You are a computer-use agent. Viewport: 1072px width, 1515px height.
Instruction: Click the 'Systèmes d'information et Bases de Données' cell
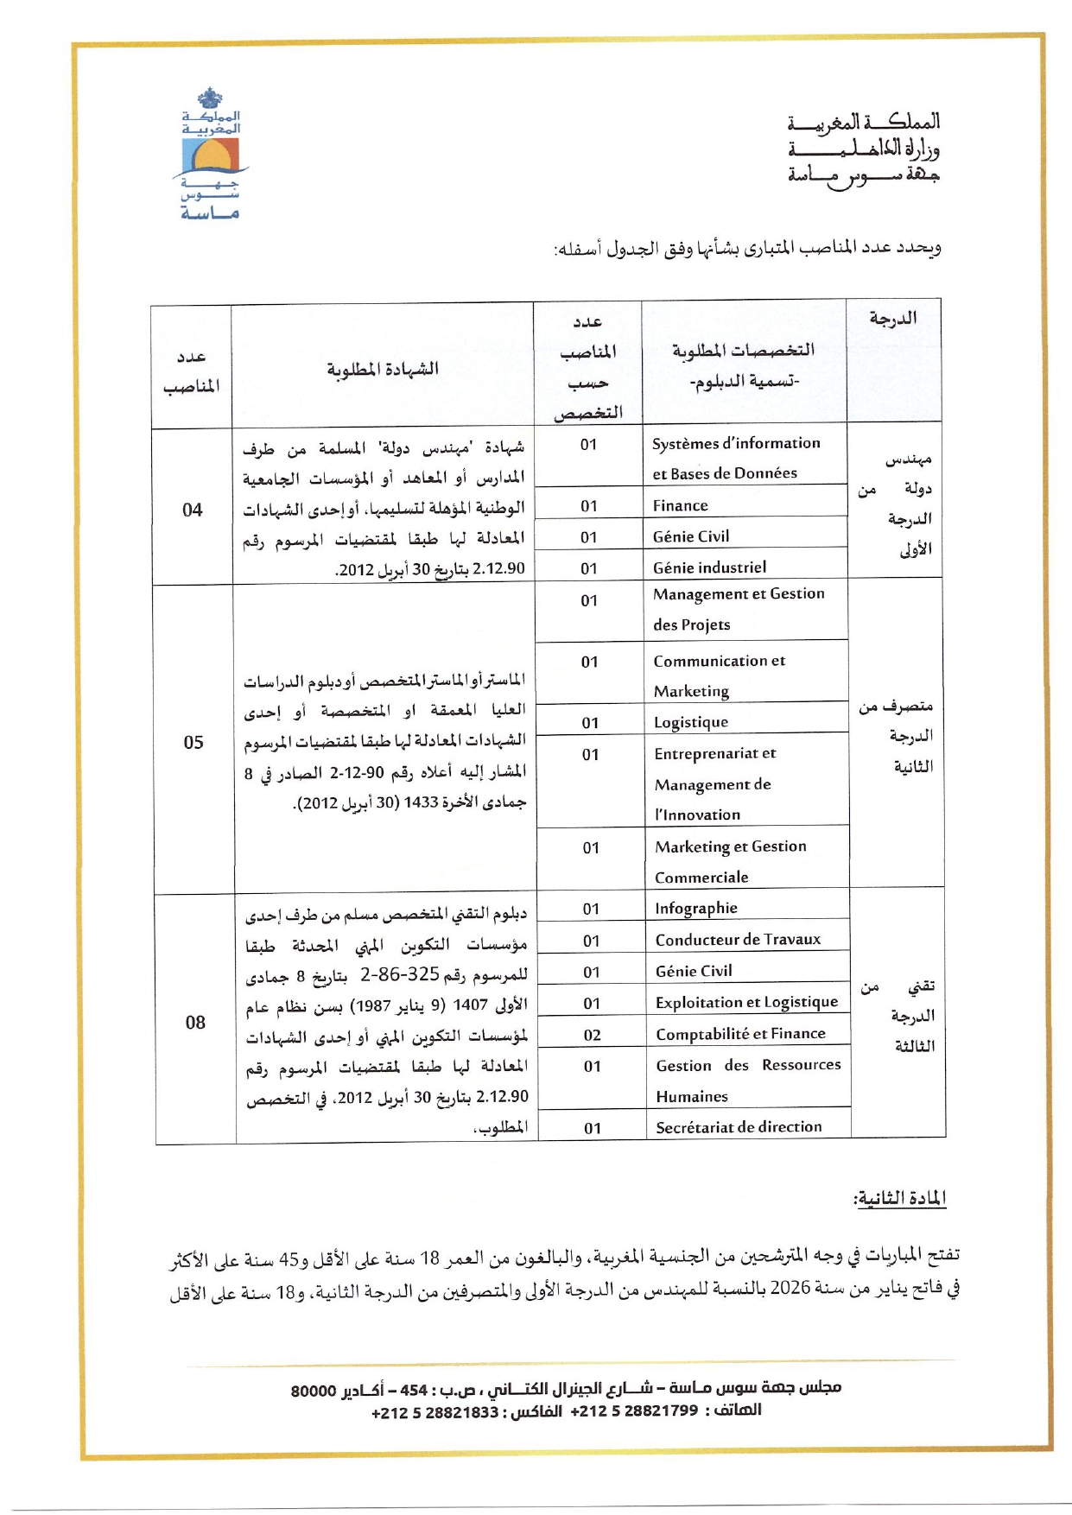click(x=736, y=458)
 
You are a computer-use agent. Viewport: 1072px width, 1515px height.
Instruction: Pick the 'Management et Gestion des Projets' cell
click(x=739, y=609)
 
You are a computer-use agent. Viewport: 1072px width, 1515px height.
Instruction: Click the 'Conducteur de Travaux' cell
click(x=738, y=939)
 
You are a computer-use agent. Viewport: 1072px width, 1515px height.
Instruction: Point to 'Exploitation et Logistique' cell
click(x=746, y=1002)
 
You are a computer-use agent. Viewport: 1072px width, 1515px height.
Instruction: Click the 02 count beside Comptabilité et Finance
click(x=592, y=1035)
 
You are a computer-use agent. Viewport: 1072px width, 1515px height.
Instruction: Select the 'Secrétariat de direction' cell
click(x=739, y=1126)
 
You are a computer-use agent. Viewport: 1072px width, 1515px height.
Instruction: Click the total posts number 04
click(x=193, y=510)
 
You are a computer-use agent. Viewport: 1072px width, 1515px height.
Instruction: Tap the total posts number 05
click(x=193, y=742)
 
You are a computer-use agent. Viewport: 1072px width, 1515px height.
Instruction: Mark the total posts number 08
click(x=195, y=1022)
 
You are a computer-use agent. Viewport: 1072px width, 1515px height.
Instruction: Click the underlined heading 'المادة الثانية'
click(x=899, y=1198)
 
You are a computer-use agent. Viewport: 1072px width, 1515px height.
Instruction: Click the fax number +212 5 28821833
click(x=435, y=1412)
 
